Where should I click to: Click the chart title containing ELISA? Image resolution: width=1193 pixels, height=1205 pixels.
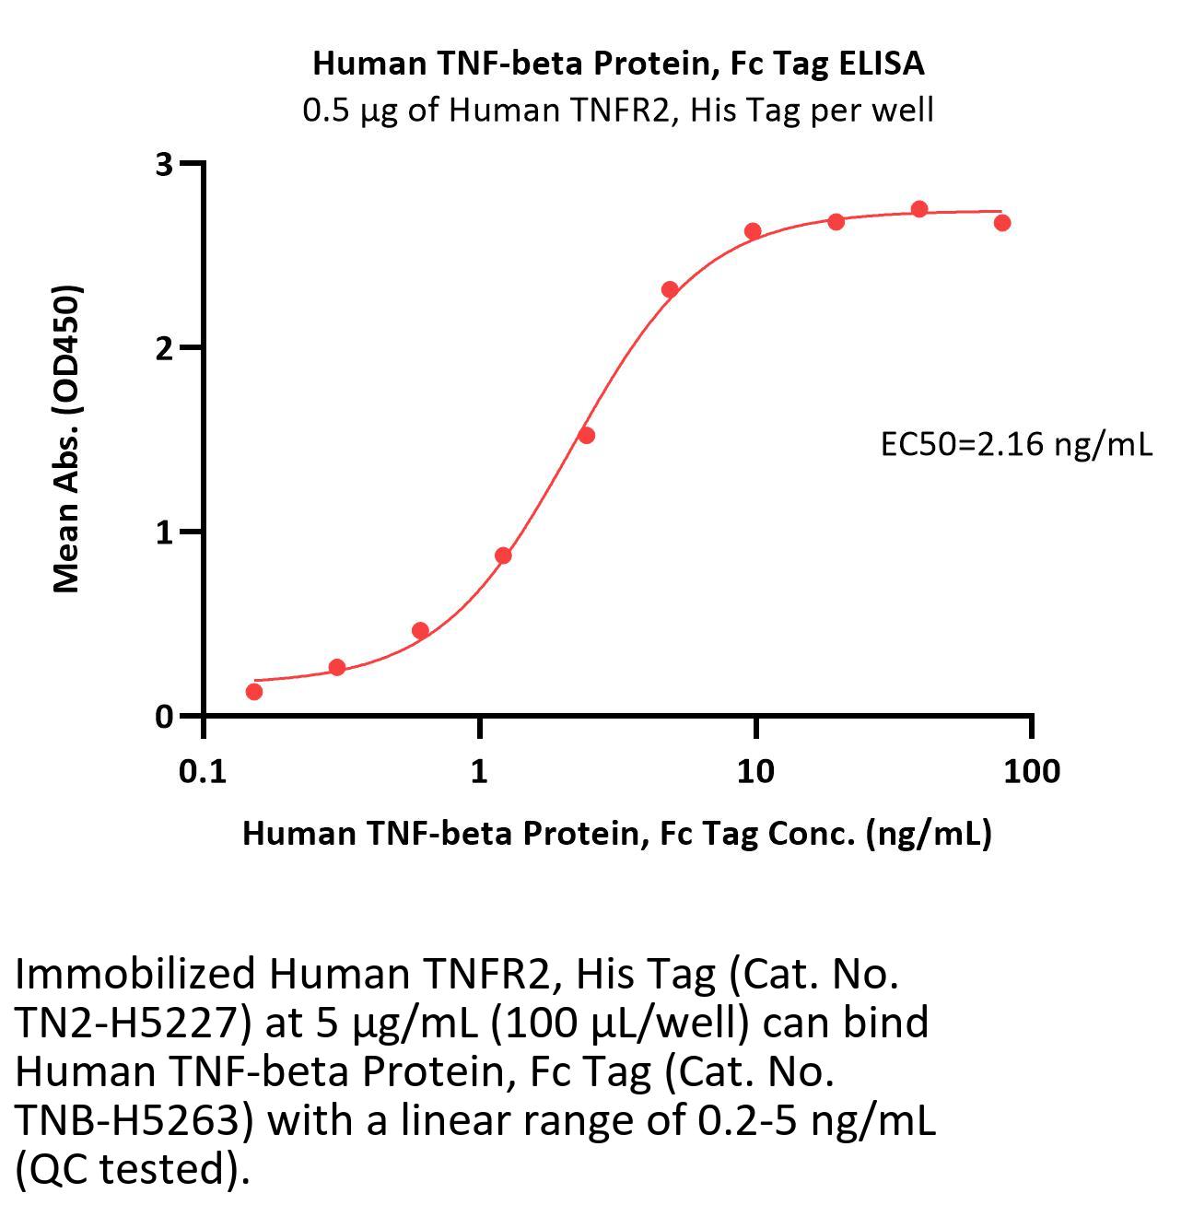(x=618, y=64)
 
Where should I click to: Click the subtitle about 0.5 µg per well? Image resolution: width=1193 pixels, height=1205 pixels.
(x=618, y=111)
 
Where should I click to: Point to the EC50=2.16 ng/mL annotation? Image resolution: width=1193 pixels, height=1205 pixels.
(x=1016, y=445)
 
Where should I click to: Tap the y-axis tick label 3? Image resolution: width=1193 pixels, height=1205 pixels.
(x=164, y=165)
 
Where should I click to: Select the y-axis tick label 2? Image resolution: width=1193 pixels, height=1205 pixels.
(x=164, y=348)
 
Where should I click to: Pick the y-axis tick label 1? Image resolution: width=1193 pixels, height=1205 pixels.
(x=164, y=532)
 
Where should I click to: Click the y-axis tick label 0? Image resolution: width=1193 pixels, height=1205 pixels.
(x=164, y=717)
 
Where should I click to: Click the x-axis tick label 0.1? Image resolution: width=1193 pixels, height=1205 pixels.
(x=203, y=771)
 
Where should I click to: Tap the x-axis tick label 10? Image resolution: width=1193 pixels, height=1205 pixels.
(x=754, y=771)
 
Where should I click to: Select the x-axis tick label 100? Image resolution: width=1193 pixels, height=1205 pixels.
(x=1031, y=771)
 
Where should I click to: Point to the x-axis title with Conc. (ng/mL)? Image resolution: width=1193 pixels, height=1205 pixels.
(x=616, y=834)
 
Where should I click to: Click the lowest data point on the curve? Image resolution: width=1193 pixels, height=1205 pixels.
(x=254, y=691)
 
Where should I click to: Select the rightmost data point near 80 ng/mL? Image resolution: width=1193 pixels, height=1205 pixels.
(x=1002, y=222)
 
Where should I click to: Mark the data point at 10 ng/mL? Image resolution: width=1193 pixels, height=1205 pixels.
(x=753, y=231)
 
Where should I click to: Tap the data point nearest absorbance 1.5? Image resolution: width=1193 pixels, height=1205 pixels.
(x=586, y=435)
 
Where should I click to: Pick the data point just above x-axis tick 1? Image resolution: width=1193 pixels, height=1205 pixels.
(x=503, y=556)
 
